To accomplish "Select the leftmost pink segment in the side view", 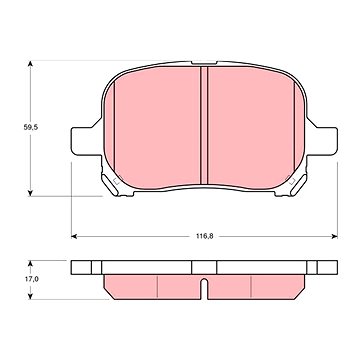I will pyautogui.click(x=129, y=286).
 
